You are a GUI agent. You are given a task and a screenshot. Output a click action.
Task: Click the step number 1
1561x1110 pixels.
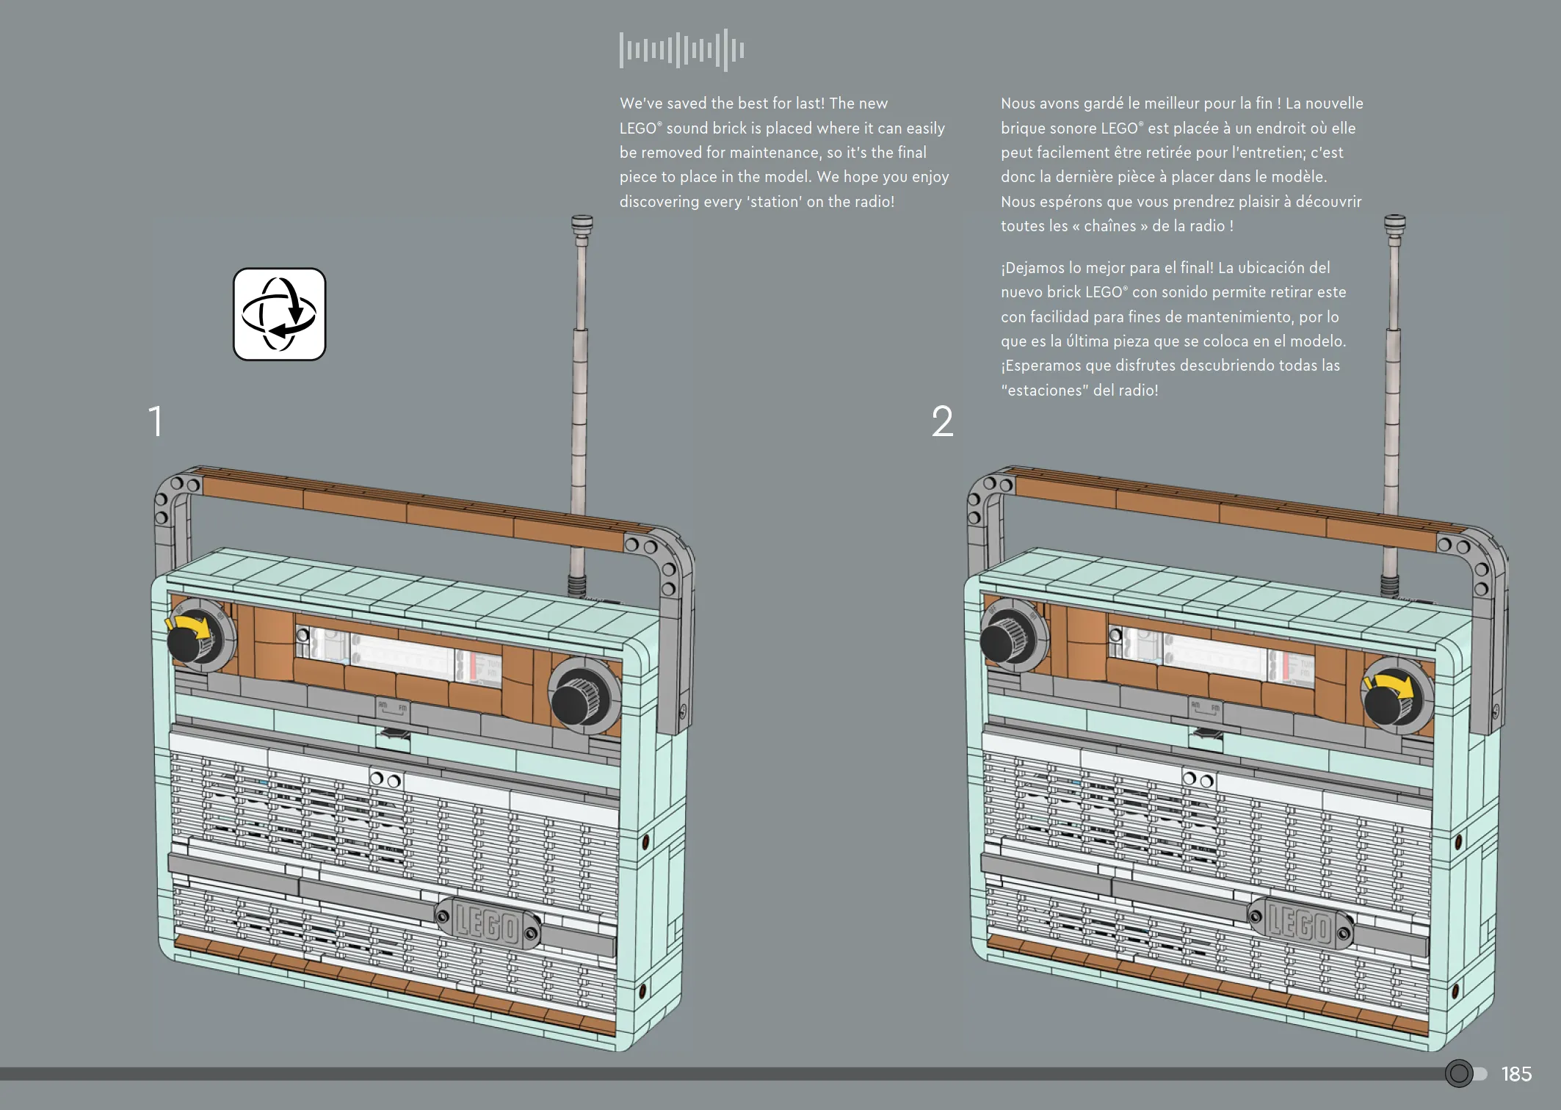[155, 421]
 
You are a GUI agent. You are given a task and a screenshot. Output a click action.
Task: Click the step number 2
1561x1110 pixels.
[943, 421]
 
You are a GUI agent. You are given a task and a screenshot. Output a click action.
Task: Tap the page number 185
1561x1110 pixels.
[1517, 1074]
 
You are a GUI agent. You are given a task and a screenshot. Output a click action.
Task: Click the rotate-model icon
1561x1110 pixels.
[279, 314]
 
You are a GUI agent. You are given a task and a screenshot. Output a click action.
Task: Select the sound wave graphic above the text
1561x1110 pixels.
[682, 50]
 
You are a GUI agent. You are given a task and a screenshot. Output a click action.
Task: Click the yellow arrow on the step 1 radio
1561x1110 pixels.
[189, 625]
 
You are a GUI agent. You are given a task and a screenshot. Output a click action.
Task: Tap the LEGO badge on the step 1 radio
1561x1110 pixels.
[488, 922]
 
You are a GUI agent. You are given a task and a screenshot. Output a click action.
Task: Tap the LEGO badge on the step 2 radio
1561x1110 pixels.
[1300, 922]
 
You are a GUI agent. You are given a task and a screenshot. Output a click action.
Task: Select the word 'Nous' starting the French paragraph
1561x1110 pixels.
[1018, 104]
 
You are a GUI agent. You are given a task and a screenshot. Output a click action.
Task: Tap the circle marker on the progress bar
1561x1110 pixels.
[1459, 1073]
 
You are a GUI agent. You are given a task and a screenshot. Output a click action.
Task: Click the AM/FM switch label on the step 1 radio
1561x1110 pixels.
[393, 709]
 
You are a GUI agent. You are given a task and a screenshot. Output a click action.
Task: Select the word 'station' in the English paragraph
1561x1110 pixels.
[775, 202]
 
